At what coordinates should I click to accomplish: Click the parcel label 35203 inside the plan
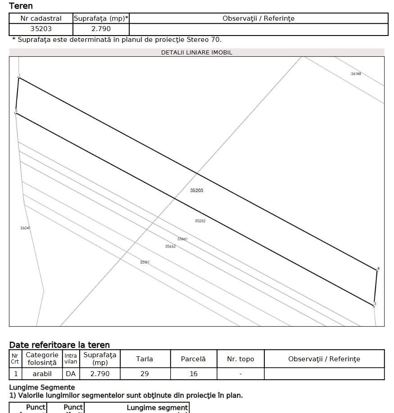pyautogui.click(x=196, y=191)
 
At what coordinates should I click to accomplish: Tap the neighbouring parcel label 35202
pyautogui.click(x=200, y=221)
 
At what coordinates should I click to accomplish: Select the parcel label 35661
pyautogui.click(x=182, y=239)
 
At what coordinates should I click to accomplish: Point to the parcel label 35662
pyautogui.click(x=170, y=247)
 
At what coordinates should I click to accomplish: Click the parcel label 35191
pyautogui.click(x=145, y=262)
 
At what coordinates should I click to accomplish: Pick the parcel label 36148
pyautogui.click(x=356, y=74)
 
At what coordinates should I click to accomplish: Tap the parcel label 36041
pyautogui.click(x=25, y=228)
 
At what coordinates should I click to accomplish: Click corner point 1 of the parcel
pyautogui.click(x=19, y=77)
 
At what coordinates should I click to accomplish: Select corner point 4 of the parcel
pyautogui.click(x=377, y=270)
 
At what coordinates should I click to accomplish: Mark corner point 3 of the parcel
pyautogui.click(x=374, y=305)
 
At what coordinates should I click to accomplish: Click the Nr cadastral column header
pyautogui.click(x=41, y=18)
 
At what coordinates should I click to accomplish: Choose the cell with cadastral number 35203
pyautogui.click(x=41, y=29)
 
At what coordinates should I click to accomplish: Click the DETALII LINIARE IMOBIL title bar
pyautogui.click(x=197, y=52)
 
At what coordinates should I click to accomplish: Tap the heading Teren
pyautogui.click(x=21, y=6)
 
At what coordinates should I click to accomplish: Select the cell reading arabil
pyautogui.click(x=42, y=374)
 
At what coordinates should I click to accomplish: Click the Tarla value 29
pyautogui.click(x=145, y=374)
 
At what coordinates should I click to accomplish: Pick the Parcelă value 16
pyautogui.click(x=193, y=374)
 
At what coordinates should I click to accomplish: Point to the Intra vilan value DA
pyautogui.click(x=71, y=374)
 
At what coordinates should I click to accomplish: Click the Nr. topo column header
pyautogui.click(x=240, y=359)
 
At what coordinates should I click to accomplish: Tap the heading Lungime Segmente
pyautogui.click(x=42, y=387)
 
